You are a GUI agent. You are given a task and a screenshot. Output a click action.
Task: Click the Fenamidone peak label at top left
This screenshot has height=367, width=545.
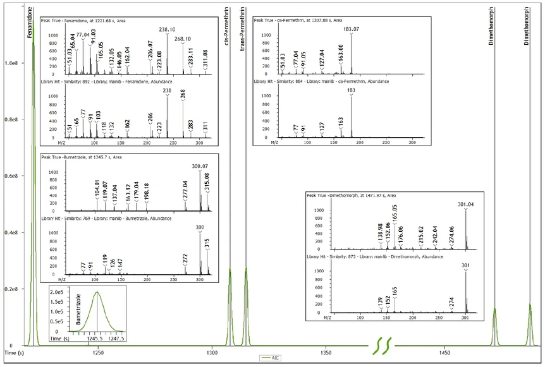point(29,20)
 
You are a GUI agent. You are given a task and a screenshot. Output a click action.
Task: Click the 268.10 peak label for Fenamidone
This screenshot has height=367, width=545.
point(183,39)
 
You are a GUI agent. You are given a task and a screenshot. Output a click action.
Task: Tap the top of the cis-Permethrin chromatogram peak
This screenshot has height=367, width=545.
point(230,270)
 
